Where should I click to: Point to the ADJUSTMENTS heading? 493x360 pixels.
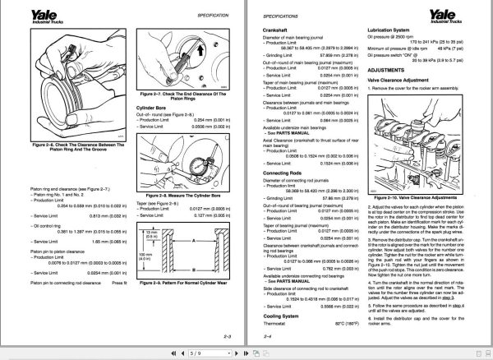[389, 71]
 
